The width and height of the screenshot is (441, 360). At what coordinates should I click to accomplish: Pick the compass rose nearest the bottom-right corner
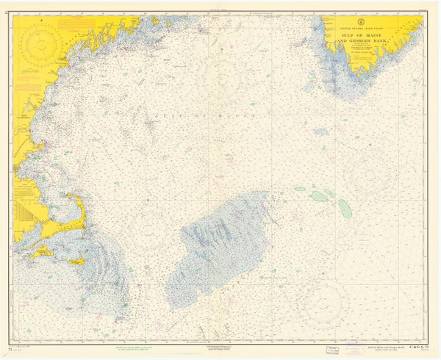point(322,303)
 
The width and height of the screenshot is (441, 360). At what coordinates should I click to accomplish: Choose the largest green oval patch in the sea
point(318,196)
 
